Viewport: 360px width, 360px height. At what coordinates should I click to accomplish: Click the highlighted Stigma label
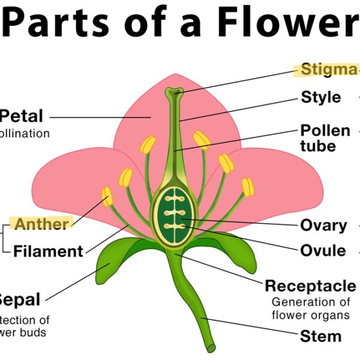(x=328, y=70)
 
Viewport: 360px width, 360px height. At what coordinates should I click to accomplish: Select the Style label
(x=320, y=97)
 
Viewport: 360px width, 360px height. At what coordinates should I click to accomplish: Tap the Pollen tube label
(x=325, y=138)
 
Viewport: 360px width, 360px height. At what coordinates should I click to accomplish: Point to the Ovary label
(x=323, y=226)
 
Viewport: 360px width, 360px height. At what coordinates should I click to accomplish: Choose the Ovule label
(x=323, y=251)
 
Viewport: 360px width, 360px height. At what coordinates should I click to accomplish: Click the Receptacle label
(x=310, y=285)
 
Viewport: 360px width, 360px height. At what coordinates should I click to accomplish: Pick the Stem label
(x=321, y=336)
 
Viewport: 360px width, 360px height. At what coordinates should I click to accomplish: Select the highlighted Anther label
(x=41, y=224)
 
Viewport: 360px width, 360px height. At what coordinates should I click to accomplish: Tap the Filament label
(x=48, y=251)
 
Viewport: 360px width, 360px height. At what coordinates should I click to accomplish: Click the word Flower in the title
(x=287, y=23)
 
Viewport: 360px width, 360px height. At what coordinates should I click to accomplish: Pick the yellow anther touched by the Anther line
(x=107, y=196)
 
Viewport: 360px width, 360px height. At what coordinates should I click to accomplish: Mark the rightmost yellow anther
(x=248, y=187)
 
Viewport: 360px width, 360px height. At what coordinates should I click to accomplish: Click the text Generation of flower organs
(x=310, y=308)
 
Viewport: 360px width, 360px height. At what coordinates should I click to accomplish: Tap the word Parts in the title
(x=59, y=23)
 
